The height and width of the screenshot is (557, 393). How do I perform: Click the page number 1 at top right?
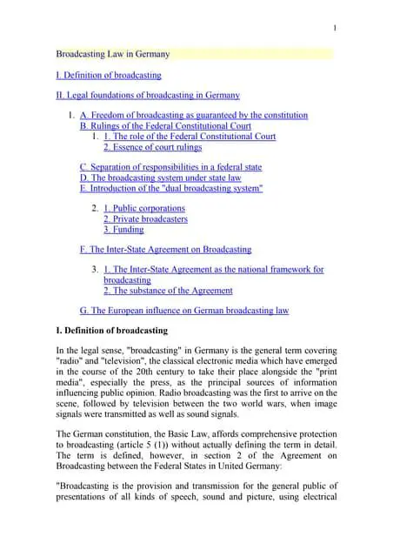pyautogui.click(x=335, y=30)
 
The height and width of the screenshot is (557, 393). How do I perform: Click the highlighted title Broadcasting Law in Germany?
pyautogui.click(x=113, y=54)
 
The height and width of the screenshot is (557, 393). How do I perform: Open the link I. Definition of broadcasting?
pyautogui.click(x=109, y=76)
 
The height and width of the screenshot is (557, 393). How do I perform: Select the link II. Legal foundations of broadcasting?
pyautogui.click(x=148, y=95)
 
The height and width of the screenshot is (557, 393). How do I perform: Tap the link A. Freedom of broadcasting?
pyautogui.click(x=193, y=116)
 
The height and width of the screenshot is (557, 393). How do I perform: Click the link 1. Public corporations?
pyautogui.click(x=144, y=209)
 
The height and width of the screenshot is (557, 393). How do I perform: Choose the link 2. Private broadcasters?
pyautogui.click(x=145, y=219)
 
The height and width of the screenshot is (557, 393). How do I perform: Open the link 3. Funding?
pyautogui.click(x=123, y=230)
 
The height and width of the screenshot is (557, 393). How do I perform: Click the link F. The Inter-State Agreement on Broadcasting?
pyautogui.click(x=165, y=250)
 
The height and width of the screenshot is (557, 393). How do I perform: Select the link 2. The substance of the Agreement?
pyautogui.click(x=168, y=291)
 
